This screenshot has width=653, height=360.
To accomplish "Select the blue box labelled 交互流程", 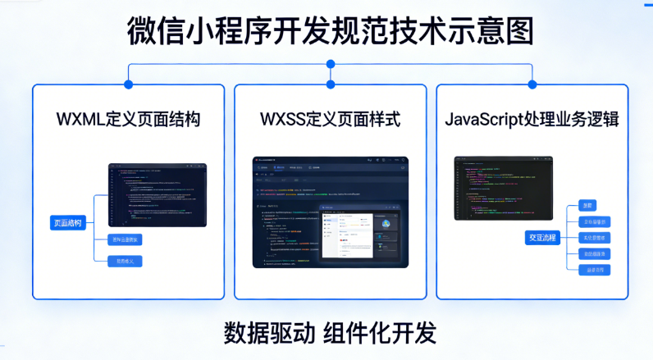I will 541,238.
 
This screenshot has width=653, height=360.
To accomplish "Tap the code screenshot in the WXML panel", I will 158,195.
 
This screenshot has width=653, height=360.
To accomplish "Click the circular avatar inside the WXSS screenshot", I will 385,223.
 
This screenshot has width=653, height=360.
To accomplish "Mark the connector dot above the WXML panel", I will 128,84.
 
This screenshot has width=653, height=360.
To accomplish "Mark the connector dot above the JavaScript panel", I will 532,84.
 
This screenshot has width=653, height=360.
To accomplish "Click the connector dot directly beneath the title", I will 331,64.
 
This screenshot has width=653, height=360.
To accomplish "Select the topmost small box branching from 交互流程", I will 587,205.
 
